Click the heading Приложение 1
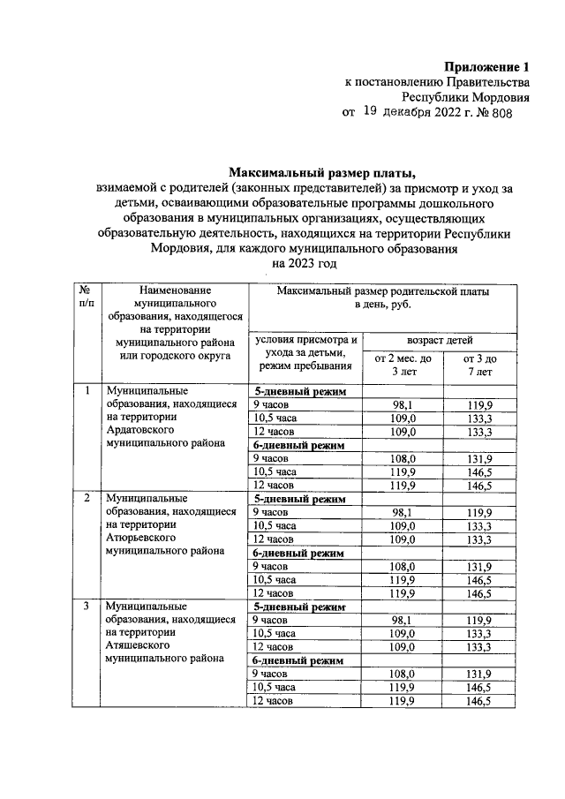tap(489, 67)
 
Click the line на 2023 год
tap(305, 264)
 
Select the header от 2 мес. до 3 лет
tap(402, 366)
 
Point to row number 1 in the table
tap(87, 390)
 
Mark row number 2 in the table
tap(87, 499)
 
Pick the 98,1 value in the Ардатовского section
tap(402, 404)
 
